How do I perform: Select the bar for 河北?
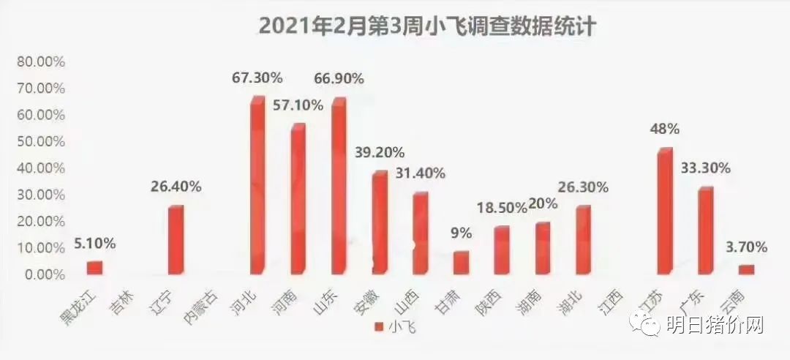[257, 187]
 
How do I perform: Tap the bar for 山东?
[339, 187]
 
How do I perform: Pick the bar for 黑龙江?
[95, 268]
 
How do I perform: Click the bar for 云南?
[746, 269]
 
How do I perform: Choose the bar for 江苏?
[664, 212]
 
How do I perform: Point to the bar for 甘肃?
[461, 263]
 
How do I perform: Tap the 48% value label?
[665, 129]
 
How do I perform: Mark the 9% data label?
[461, 233]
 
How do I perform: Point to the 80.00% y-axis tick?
[41, 61]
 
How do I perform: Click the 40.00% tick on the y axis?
[41, 168]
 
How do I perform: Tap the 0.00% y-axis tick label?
[44, 274]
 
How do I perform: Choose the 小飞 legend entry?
[396, 326]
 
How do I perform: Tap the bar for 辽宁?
[176, 241]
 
